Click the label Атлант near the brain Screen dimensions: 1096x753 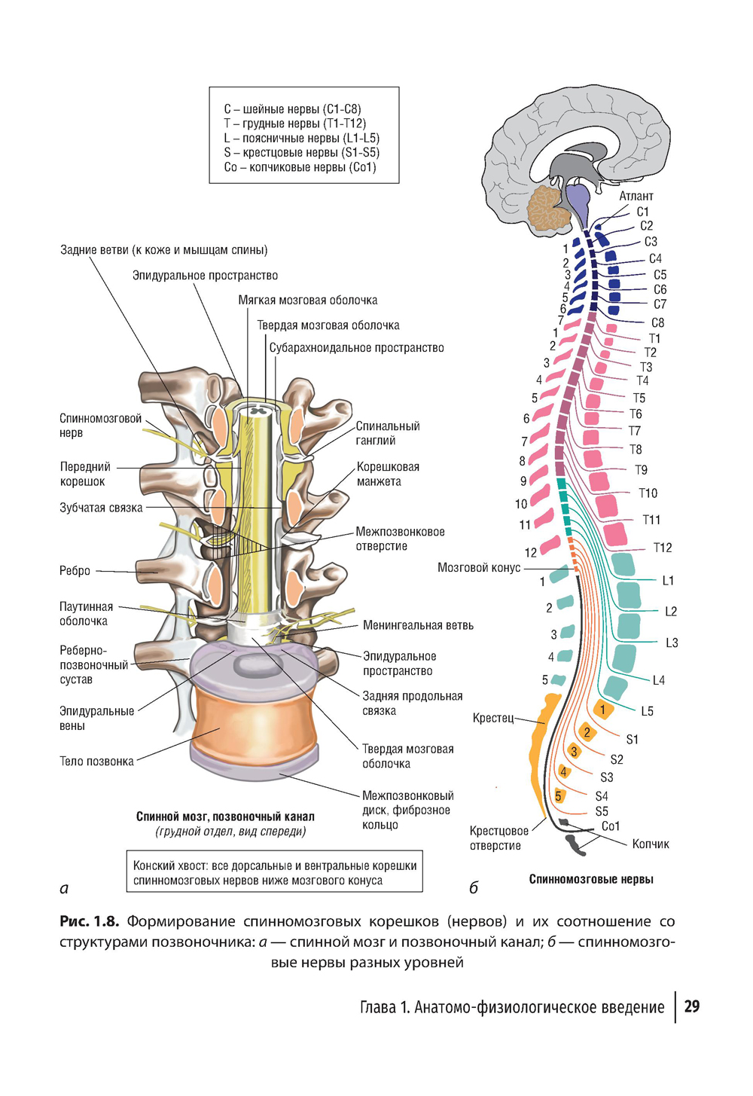636,197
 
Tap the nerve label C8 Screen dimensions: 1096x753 657,322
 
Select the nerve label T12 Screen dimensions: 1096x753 662,548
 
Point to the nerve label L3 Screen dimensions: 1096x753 672,643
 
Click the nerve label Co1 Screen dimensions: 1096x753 611,826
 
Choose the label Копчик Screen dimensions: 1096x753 651,844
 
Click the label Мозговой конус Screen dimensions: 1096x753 479,568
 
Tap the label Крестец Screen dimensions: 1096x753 492,718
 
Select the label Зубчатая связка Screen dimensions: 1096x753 101,508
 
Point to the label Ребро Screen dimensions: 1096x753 75,571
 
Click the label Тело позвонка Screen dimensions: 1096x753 96,762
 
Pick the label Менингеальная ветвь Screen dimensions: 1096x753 418,625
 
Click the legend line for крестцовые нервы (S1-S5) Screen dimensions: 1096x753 301,153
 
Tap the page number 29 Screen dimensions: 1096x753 692,1007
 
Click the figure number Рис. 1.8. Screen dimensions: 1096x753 89,921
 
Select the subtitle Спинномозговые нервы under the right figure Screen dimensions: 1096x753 591,879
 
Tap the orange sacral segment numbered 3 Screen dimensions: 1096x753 574,752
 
